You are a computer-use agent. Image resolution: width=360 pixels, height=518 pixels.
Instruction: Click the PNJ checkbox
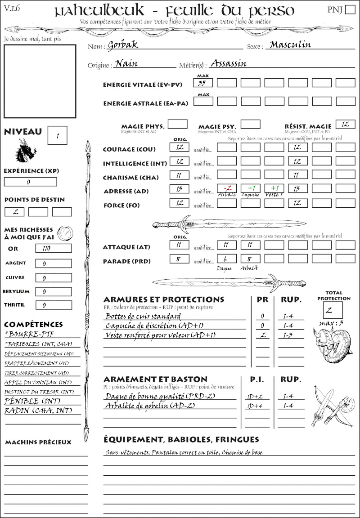point(350,10)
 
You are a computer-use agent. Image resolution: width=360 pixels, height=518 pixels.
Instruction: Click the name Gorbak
point(123,45)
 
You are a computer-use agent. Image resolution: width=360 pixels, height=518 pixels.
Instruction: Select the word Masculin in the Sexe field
point(290,45)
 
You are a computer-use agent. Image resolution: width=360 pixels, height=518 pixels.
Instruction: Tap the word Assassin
point(229,63)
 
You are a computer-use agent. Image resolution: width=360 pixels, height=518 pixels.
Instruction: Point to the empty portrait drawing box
point(40,80)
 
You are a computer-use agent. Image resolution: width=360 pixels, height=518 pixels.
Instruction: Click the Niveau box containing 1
point(58,135)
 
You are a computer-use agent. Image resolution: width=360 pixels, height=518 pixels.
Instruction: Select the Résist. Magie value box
point(345,124)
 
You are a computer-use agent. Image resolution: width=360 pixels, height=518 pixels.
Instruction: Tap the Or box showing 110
point(53,248)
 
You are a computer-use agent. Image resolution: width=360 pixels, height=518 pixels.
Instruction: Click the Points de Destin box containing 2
point(14,212)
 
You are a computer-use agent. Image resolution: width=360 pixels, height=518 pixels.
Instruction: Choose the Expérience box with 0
point(30,182)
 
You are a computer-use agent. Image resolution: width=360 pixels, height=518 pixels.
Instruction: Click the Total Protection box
point(333,310)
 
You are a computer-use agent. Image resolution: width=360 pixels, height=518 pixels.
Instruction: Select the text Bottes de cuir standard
point(143,316)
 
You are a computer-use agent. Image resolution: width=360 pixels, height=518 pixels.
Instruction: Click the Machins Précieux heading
point(38,442)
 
